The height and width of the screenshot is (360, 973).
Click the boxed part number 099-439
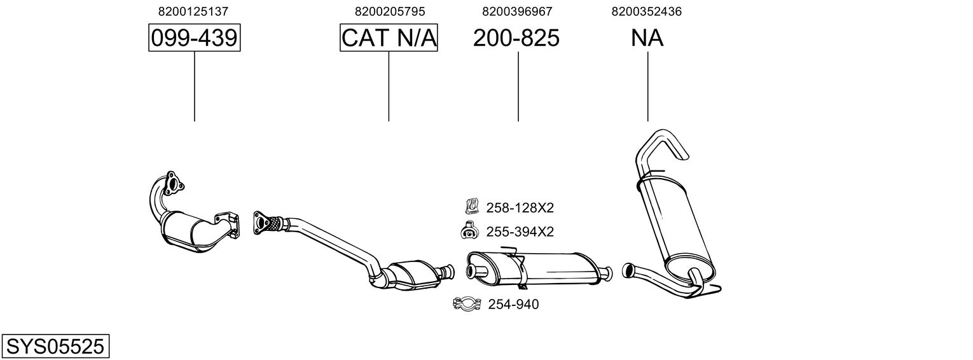(x=194, y=39)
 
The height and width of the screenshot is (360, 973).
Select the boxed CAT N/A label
(x=389, y=39)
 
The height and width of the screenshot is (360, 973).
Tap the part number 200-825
(x=516, y=39)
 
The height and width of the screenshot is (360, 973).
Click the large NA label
(x=647, y=39)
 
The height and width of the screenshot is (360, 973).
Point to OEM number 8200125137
(x=193, y=11)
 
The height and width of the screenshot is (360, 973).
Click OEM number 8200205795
(x=389, y=11)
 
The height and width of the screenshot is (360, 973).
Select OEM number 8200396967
(x=517, y=11)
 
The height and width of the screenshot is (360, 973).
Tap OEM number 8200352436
(x=646, y=11)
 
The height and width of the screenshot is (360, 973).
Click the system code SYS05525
(x=55, y=347)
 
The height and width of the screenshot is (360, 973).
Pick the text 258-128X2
(x=520, y=207)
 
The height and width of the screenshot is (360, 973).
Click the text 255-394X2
(x=520, y=232)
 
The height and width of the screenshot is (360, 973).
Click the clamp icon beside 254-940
(x=467, y=305)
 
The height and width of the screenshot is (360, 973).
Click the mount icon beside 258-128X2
(x=471, y=206)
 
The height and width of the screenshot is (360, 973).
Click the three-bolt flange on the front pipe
(x=172, y=183)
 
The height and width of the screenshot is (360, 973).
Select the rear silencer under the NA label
(x=674, y=223)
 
